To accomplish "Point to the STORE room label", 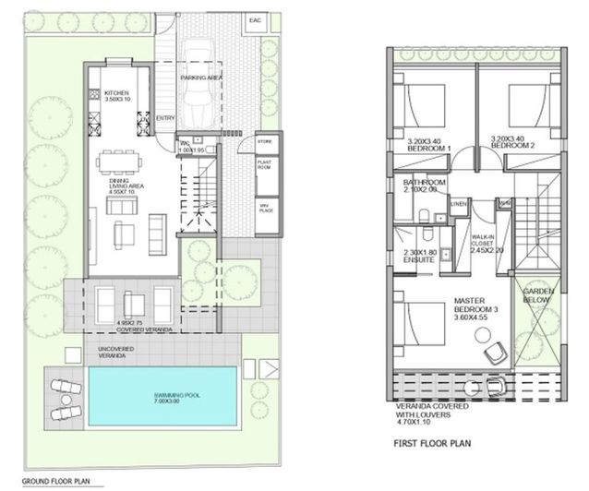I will (x=265, y=141).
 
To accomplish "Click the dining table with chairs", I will (x=120, y=169).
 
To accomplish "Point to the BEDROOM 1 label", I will (x=428, y=146).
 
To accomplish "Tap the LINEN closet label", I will (x=459, y=203).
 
